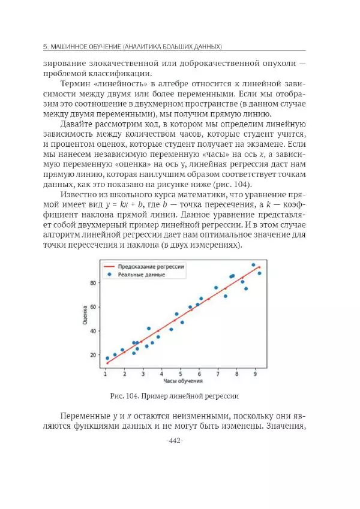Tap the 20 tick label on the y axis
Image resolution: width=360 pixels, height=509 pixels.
(93, 355)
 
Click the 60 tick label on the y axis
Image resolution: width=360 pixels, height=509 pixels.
(93, 307)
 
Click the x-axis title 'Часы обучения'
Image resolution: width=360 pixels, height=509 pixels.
(182, 381)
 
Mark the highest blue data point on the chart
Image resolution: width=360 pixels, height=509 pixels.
(253, 264)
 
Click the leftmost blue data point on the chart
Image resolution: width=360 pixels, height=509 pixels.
(107, 358)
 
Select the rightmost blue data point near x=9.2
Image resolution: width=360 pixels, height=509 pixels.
(259, 273)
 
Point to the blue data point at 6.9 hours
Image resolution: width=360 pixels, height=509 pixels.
(216, 288)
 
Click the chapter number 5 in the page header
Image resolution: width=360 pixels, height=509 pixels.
(46, 46)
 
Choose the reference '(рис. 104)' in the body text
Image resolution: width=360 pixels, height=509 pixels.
(229, 184)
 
